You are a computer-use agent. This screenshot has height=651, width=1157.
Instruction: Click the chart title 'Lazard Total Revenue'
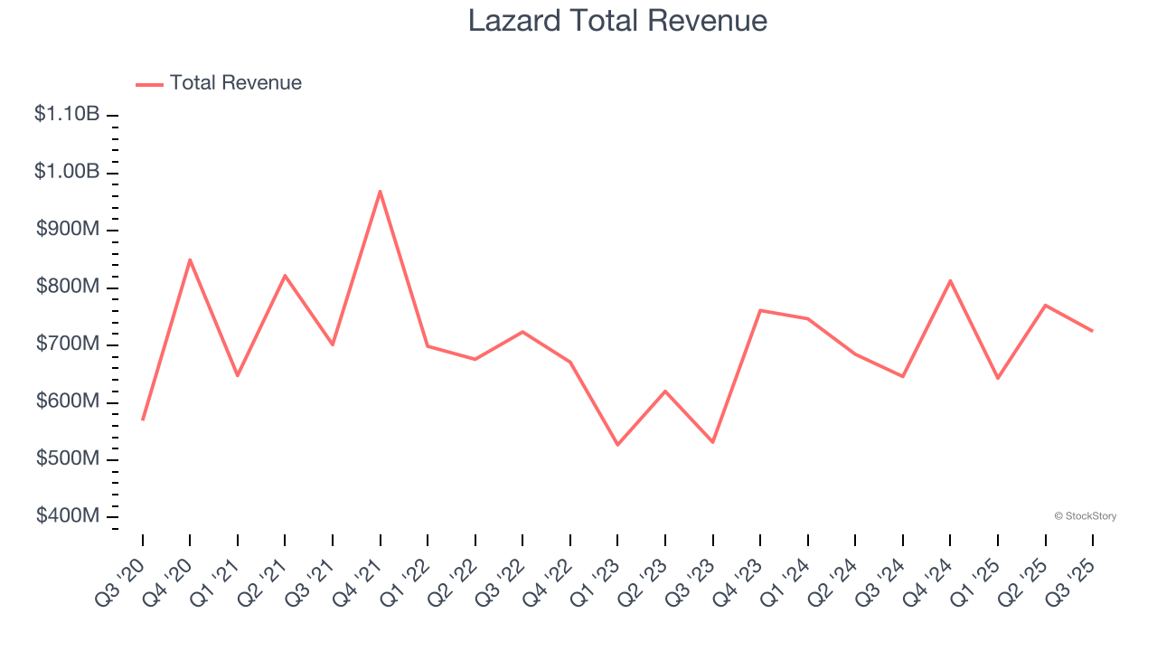[x=617, y=21]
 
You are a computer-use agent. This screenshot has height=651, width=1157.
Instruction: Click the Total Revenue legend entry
[x=219, y=83]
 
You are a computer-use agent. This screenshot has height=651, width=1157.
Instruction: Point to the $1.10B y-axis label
[x=67, y=115]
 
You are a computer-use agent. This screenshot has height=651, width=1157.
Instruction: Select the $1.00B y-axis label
[x=67, y=172]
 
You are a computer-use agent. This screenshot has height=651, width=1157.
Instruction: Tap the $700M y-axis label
[x=67, y=344]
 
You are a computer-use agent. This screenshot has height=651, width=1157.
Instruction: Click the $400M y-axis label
[x=67, y=516]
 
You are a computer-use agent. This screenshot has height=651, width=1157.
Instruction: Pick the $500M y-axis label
[x=67, y=459]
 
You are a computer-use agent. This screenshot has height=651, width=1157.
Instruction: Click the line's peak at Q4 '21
[x=381, y=191]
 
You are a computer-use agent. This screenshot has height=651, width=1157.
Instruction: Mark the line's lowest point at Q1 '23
[x=617, y=445]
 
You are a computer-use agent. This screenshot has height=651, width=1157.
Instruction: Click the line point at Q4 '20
[x=190, y=259]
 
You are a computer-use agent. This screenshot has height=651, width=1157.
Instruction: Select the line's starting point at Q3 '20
[x=143, y=420]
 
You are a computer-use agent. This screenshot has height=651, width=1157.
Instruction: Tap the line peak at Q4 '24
[x=950, y=280]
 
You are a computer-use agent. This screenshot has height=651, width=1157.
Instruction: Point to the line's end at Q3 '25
[x=1092, y=331]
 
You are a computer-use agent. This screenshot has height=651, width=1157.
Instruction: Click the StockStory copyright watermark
[x=1085, y=516]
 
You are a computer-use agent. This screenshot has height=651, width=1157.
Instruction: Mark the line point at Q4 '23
[x=760, y=310]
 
